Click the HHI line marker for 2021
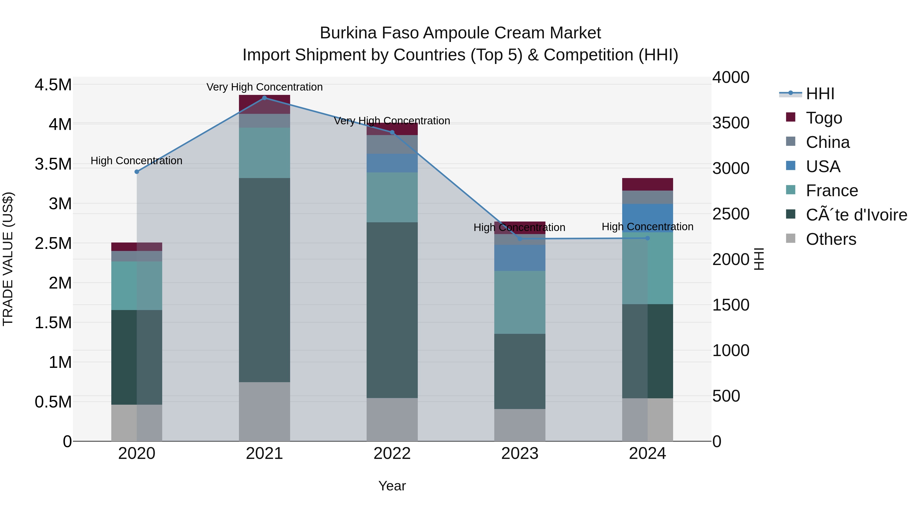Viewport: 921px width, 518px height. [265, 98]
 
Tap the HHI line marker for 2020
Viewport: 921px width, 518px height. [137, 172]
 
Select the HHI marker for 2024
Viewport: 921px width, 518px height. [648, 238]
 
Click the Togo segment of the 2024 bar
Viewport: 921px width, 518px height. [648, 184]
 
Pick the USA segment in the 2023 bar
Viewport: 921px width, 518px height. [520, 258]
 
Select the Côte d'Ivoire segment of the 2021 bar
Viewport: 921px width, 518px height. [265, 280]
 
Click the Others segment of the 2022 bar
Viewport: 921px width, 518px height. [392, 419]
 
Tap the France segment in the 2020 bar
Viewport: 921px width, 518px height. [137, 286]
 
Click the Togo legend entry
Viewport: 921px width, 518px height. [824, 118]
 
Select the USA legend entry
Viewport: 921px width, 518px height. [823, 167]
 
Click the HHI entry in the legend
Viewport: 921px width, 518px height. [820, 94]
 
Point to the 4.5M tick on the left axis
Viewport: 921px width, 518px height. [53, 85]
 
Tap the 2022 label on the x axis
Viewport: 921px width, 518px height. [392, 454]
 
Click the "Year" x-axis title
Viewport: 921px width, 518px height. [392, 486]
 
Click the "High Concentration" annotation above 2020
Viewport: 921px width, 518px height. [137, 160]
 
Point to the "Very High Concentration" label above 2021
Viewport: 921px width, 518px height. [265, 87]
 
